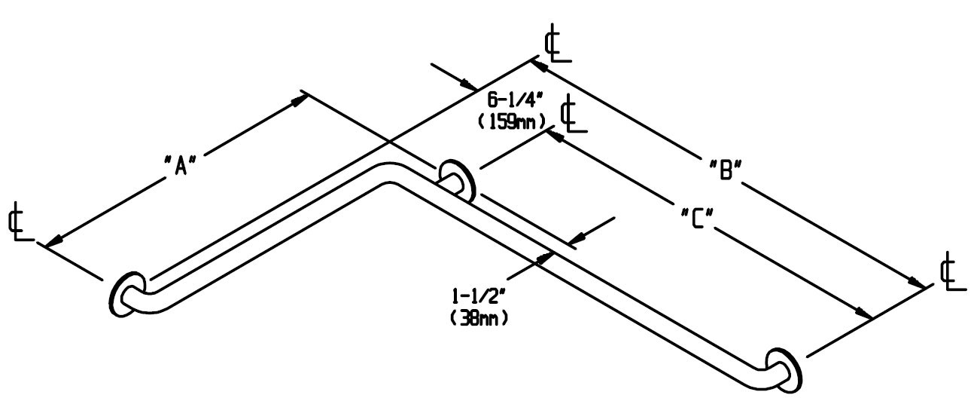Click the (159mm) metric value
511,120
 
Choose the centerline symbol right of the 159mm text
574,114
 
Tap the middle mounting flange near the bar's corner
454,179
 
